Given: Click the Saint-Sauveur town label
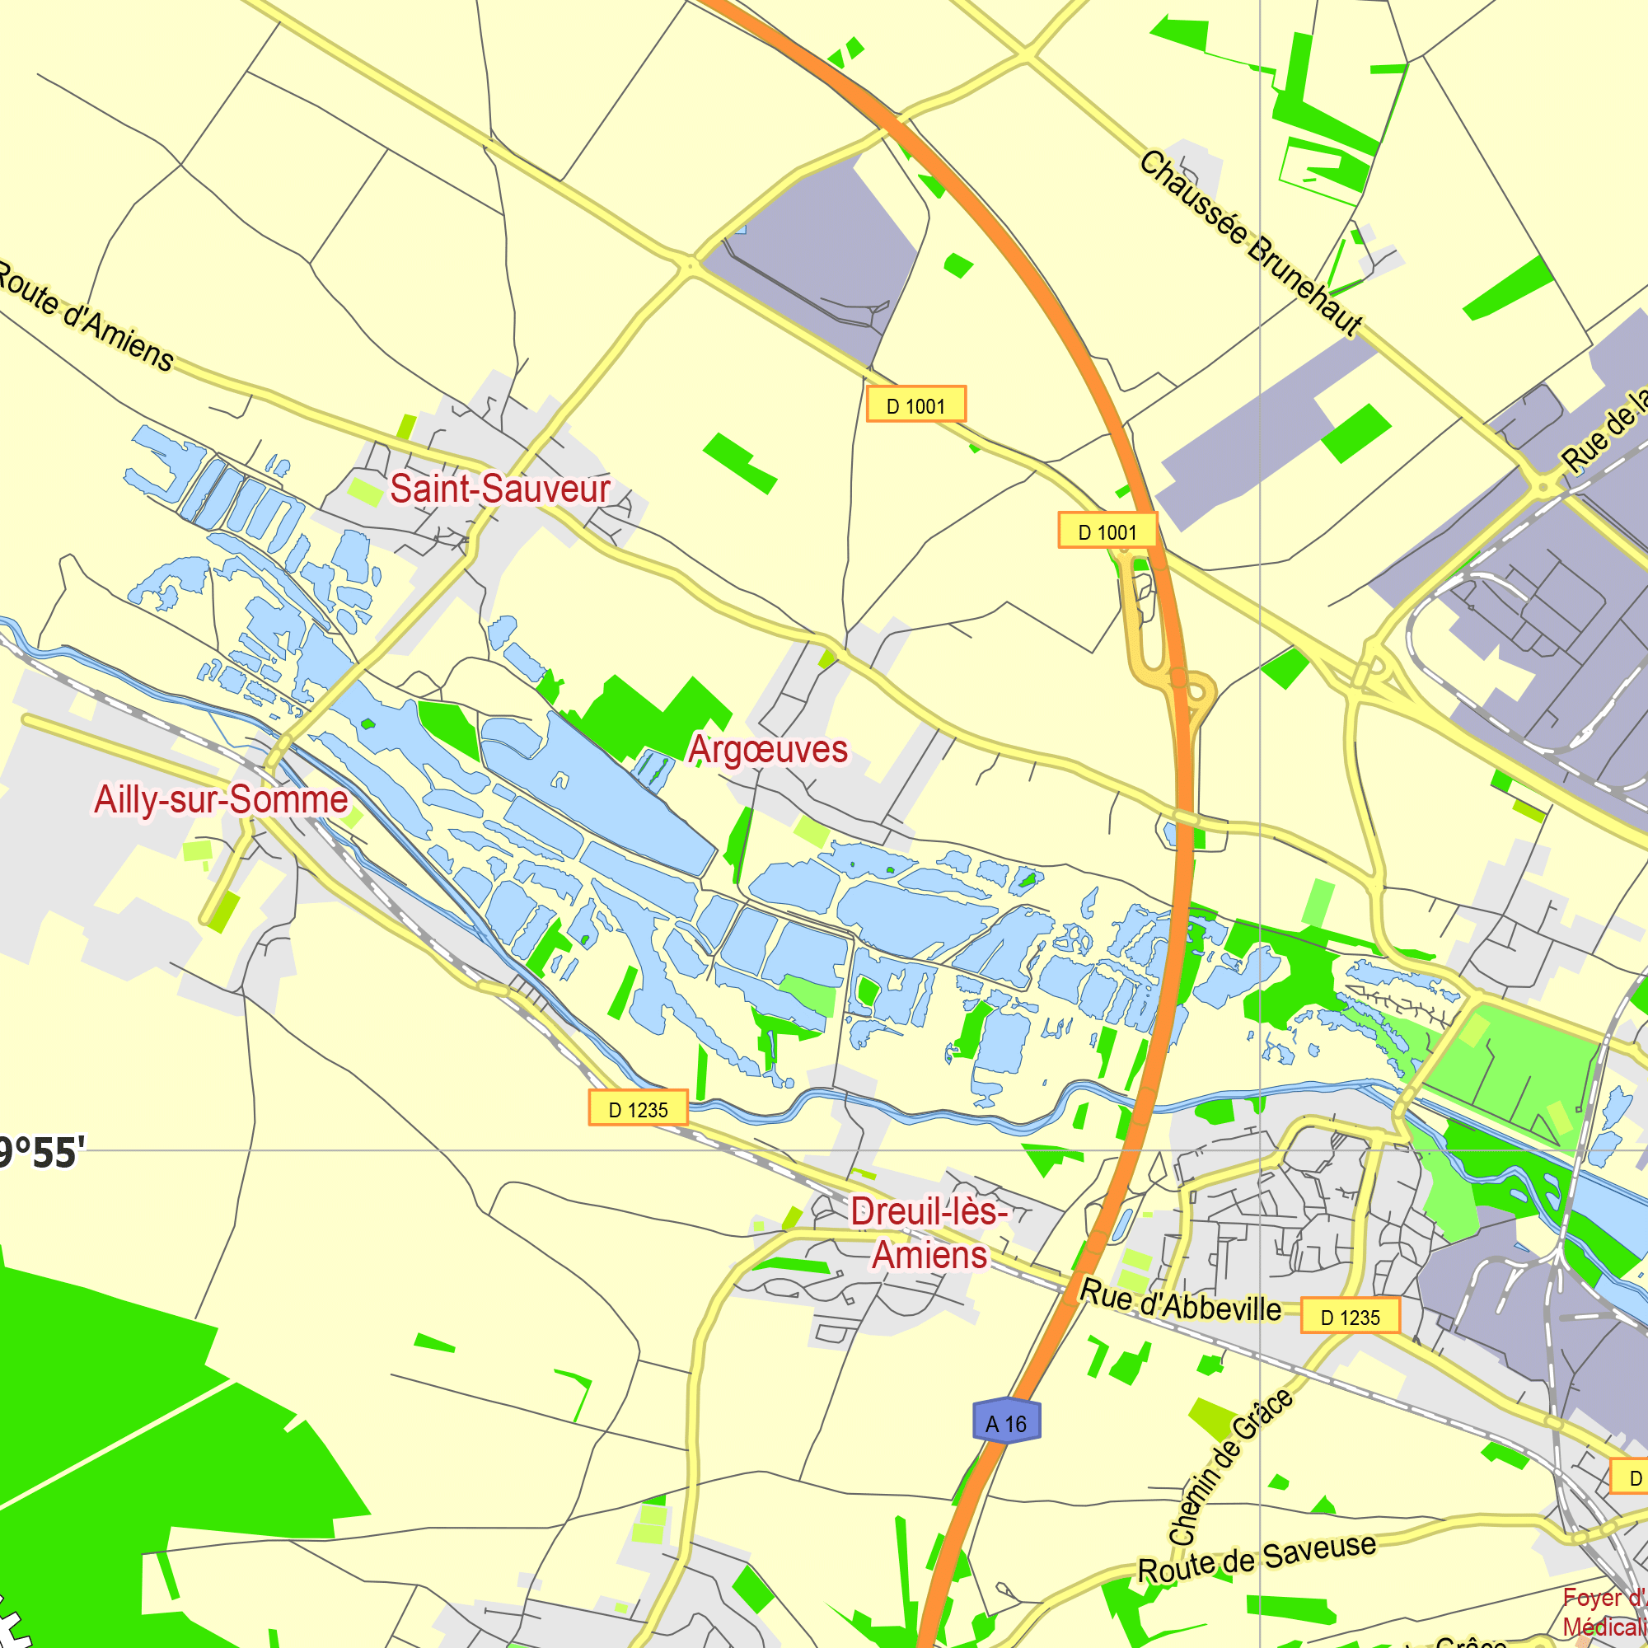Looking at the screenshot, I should (x=500, y=489).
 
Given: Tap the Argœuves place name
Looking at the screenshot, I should (x=768, y=749).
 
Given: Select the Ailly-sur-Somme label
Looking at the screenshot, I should (x=221, y=799).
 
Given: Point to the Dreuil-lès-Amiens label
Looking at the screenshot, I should (x=929, y=1234).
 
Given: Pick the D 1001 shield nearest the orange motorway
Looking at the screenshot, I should (x=1107, y=531).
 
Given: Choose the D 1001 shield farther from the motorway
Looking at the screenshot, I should (x=916, y=405).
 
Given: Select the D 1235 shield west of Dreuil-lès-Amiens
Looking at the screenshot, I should (x=638, y=1108).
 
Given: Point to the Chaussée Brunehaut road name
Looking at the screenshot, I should (x=1251, y=245).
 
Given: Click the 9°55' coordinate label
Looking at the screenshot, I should (x=43, y=1153).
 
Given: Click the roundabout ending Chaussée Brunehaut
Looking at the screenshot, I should (x=1543, y=487).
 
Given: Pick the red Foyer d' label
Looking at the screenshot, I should (x=1604, y=1598).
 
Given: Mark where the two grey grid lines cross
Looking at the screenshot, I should (x=1261, y=1149).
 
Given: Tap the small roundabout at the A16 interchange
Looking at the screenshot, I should (x=1198, y=693).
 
